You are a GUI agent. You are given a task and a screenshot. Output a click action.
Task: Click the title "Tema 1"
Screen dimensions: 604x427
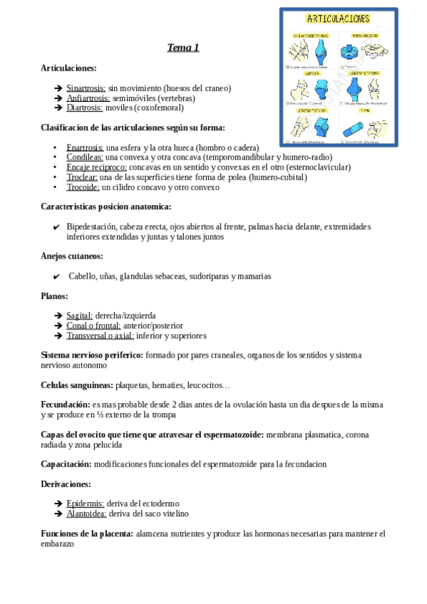pos(183,48)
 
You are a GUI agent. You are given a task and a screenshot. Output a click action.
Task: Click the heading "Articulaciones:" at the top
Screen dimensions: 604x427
pos(68,68)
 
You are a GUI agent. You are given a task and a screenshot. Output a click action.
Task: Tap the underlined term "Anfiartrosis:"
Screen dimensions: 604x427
pos(88,98)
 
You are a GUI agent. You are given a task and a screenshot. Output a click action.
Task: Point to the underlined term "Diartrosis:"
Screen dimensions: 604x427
pos(84,108)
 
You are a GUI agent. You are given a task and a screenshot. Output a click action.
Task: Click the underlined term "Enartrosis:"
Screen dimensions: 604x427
pos(85,147)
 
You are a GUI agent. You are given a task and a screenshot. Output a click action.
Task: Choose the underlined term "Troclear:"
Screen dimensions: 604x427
pos(82,177)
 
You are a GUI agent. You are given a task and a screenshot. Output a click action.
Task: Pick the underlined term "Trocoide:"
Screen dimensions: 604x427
pos(83,187)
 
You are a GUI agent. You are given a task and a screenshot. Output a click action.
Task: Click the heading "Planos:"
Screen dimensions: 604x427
pos(56,296)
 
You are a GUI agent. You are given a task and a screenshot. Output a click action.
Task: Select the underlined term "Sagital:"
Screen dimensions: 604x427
pos(79,316)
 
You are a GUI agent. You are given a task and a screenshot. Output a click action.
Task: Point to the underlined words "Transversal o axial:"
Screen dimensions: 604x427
pos(101,335)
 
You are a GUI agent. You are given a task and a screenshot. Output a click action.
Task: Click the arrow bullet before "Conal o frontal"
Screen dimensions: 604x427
pos(58,326)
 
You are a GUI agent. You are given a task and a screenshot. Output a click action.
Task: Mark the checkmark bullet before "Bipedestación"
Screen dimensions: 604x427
pos(57,227)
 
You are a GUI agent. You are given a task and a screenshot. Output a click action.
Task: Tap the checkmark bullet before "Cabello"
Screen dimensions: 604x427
pos(57,276)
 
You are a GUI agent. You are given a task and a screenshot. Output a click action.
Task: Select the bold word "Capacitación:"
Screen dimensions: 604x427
pos(66,464)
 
